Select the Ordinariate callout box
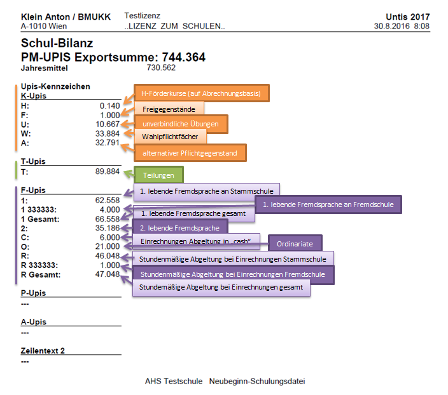click(x=295, y=243)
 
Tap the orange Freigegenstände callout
click(x=169, y=109)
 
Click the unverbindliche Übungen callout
click(x=180, y=123)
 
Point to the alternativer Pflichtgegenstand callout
click(x=190, y=152)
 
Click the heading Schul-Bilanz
click(x=57, y=43)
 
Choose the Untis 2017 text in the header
click(x=407, y=17)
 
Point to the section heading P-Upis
click(x=34, y=293)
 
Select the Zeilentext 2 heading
click(x=43, y=351)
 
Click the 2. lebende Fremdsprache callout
click(x=179, y=228)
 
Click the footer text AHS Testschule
click(x=173, y=382)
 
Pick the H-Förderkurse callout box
click(x=201, y=93)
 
